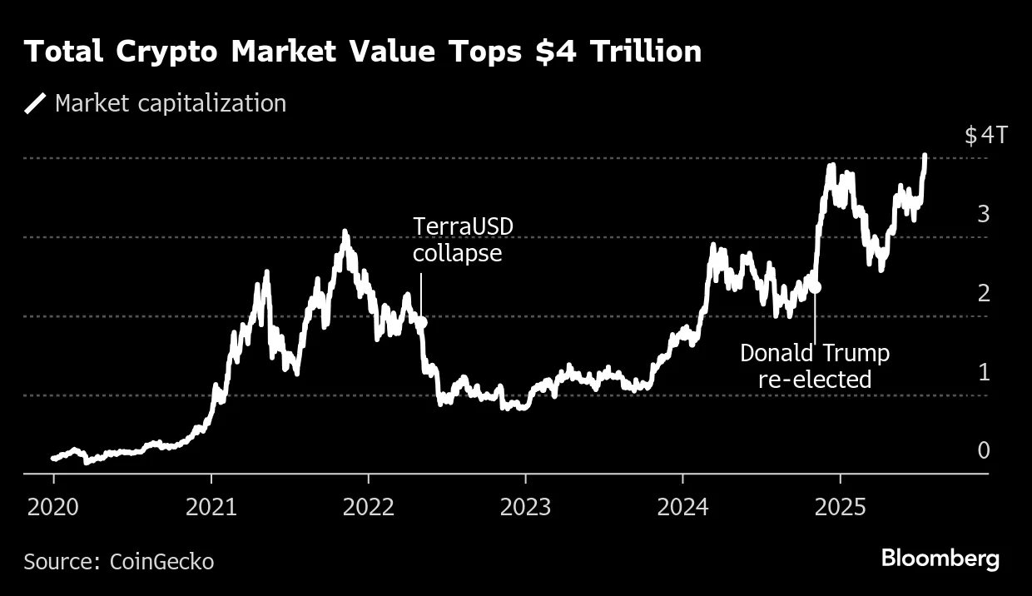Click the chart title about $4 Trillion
pyautogui.click(x=363, y=52)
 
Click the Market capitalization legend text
pyautogui.click(x=170, y=103)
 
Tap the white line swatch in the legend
pyautogui.click(x=36, y=103)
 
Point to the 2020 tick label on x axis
pyautogui.click(x=54, y=506)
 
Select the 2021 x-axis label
pyautogui.click(x=211, y=506)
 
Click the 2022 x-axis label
pyautogui.click(x=369, y=506)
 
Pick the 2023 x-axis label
pyautogui.click(x=526, y=506)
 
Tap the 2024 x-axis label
pyautogui.click(x=683, y=506)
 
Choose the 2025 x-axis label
pyautogui.click(x=841, y=506)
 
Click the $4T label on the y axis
pyautogui.click(x=985, y=136)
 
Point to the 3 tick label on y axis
pyautogui.click(x=984, y=214)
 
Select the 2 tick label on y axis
pyautogui.click(x=984, y=293)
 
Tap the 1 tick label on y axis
pyautogui.click(x=984, y=372)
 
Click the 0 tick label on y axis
pyautogui.click(x=984, y=450)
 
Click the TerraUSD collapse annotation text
pyautogui.click(x=458, y=240)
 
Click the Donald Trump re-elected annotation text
pyautogui.click(x=814, y=366)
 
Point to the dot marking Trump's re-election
pyautogui.click(x=816, y=286)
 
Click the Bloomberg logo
pyautogui.click(x=940, y=558)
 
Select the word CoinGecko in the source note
pyautogui.click(x=161, y=562)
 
